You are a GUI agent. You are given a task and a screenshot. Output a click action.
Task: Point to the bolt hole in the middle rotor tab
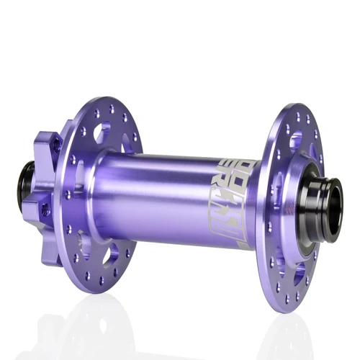tap(45, 210)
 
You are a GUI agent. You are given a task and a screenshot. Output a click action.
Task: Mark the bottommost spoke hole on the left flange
tap(102, 282)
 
